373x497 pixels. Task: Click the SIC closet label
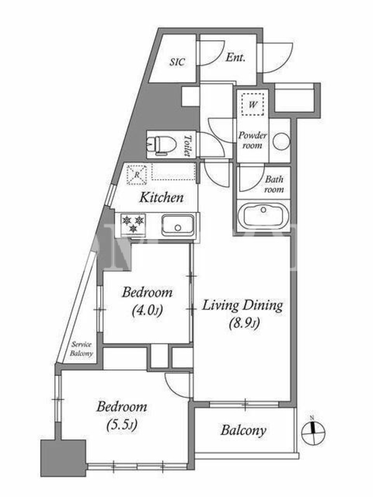point(177,62)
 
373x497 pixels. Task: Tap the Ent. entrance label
point(236,57)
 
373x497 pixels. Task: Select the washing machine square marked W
point(252,104)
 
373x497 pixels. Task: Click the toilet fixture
point(162,145)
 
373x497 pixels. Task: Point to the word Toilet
point(188,145)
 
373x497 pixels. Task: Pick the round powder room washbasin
point(282,141)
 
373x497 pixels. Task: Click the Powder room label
point(252,140)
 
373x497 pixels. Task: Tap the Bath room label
point(274,184)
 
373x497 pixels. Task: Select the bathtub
point(263,216)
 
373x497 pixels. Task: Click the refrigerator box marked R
point(137,175)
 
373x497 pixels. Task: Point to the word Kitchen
point(162,198)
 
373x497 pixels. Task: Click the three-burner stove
point(133,224)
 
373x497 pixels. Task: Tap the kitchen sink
point(178,225)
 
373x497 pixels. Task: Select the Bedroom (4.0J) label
point(147,301)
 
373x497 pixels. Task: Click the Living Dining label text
point(242,306)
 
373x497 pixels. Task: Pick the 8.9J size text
point(244,323)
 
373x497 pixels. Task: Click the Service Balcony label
point(81,349)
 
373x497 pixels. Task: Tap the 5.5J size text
point(122,425)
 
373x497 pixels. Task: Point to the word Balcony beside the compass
point(243,431)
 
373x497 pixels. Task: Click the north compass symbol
point(313,432)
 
